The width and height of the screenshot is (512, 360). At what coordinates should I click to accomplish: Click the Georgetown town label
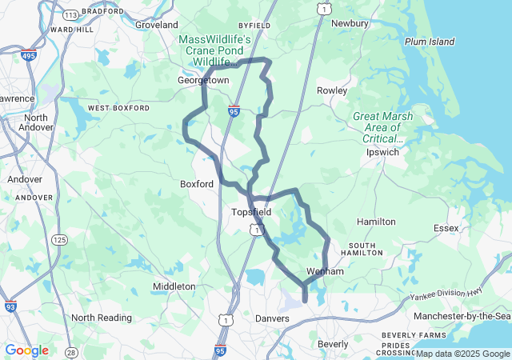203,81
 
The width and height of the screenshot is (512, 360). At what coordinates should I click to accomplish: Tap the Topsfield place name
251,212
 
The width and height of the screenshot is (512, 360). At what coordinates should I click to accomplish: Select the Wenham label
325,272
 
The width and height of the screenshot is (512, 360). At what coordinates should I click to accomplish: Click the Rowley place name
332,90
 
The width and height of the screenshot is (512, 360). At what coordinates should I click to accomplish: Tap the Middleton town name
174,286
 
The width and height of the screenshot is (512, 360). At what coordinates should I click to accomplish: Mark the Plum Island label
430,42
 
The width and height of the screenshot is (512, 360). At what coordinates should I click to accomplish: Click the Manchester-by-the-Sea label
462,317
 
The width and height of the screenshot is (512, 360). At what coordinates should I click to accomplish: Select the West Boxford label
118,107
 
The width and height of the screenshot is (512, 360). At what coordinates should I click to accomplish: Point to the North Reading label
102,318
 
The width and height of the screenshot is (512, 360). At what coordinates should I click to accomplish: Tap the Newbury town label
350,23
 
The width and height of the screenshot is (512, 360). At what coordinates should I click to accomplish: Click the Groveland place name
156,25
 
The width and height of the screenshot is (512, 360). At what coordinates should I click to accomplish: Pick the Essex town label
446,228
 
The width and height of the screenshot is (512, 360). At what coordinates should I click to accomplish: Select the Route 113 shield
70,14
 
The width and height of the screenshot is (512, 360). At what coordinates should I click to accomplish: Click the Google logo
26,350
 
